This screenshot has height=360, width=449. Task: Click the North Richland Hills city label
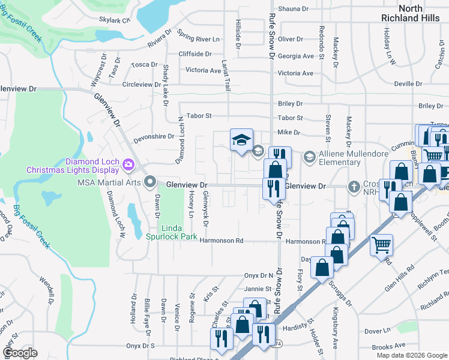[411, 13]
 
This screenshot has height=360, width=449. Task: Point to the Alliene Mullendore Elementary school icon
[309, 157]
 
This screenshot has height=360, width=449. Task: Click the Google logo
[20, 353]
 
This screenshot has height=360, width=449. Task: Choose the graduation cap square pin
[241, 140]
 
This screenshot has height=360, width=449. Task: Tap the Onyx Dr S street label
[140, 346]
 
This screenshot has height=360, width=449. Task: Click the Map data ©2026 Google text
[411, 355]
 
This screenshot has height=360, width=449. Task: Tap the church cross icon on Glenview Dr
[355, 187]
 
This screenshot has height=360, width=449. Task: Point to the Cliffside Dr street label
[195, 53]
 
